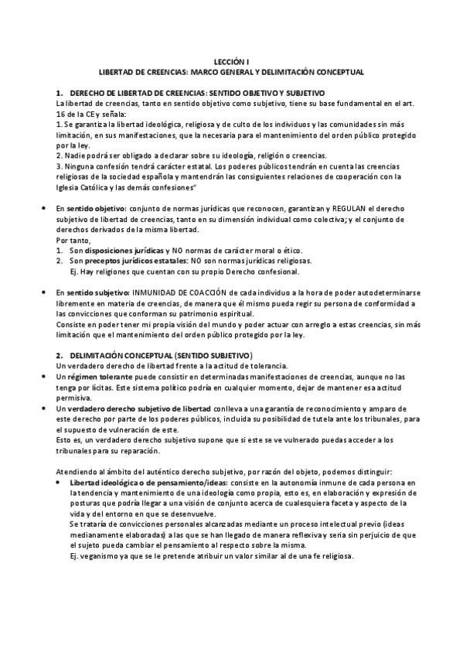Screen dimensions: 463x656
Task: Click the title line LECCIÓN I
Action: tap(232, 61)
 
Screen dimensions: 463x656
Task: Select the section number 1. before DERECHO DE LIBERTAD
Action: tap(60, 93)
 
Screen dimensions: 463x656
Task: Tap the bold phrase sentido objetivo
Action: tap(90, 209)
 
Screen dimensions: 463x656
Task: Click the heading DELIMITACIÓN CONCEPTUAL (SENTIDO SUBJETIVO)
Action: tap(159, 354)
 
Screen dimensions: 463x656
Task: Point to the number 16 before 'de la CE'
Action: tap(62, 113)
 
